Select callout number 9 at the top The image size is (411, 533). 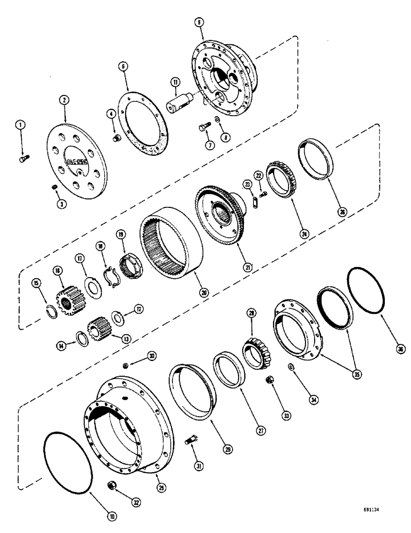(x=198, y=22)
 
